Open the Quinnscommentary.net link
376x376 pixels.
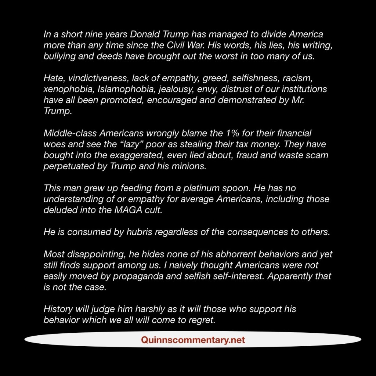point(193,340)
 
